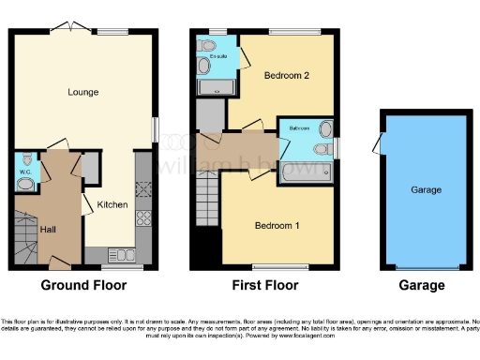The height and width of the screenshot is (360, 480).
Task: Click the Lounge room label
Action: click(x=83, y=92)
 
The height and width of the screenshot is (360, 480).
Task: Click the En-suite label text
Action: click(x=205, y=66)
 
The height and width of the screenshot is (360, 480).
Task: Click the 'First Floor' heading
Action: click(x=265, y=286)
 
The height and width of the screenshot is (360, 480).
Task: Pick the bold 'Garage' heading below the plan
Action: click(x=419, y=286)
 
